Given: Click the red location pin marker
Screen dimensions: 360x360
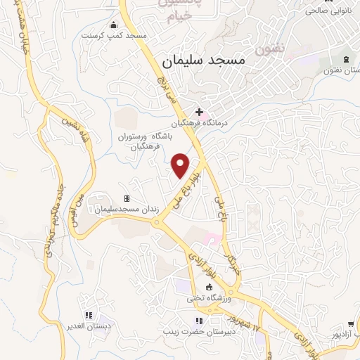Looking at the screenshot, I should click(181, 165).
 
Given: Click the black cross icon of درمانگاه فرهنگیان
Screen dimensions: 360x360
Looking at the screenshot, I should click(200, 111).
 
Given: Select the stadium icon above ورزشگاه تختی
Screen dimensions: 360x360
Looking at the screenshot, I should click(208, 288).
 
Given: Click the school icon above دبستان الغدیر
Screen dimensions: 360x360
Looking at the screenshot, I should click(89, 315).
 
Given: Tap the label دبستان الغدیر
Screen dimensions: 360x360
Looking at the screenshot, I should click(89, 326).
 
